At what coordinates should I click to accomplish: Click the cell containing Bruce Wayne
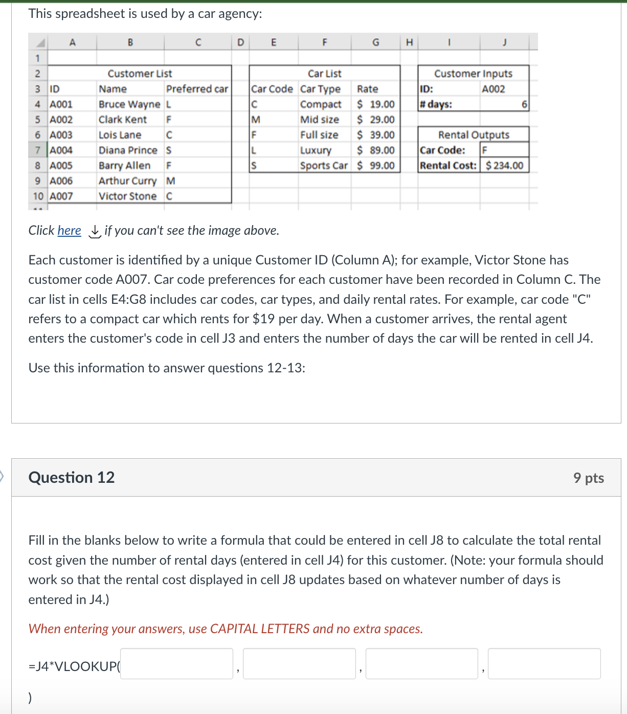(129, 104)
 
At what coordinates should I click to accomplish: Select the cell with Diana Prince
(128, 150)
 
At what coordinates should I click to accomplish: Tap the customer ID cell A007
(61, 196)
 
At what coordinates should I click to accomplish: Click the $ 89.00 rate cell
(376, 150)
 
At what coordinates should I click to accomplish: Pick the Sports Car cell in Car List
(324, 166)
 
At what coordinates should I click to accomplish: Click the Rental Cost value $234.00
(504, 166)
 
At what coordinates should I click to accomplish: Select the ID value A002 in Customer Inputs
(494, 89)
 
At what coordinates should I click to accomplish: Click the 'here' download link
(69, 231)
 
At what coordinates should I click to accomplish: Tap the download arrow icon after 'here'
(95, 231)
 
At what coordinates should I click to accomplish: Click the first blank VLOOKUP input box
(176, 664)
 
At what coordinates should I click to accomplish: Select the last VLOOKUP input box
(544, 664)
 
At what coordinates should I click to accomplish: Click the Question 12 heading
(72, 477)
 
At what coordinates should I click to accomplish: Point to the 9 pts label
(588, 478)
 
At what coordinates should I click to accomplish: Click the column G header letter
(376, 42)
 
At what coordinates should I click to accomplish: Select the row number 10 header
(38, 196)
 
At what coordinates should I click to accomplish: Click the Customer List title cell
(140, 74)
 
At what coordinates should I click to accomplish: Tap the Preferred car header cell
(197, 89)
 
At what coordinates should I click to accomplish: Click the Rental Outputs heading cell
(474, 135)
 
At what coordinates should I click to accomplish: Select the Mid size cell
(320, 120)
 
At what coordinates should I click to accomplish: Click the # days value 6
(524, 104)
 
